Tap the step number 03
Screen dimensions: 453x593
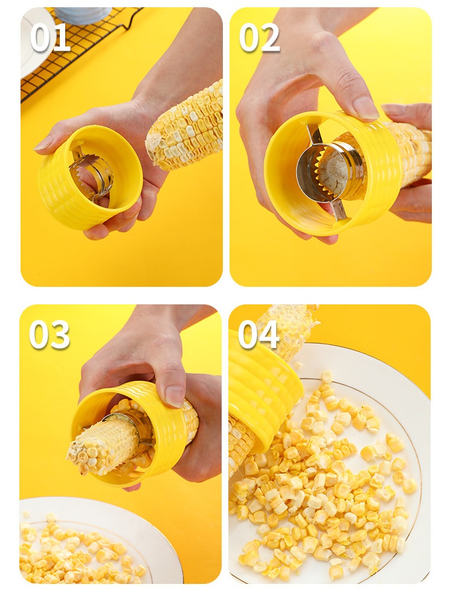50,335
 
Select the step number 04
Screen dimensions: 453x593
259,335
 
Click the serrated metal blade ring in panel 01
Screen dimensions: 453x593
92,175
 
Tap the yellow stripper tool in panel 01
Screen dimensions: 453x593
90,178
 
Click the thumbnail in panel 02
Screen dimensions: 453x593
365,108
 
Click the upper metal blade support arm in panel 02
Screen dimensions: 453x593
315,134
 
